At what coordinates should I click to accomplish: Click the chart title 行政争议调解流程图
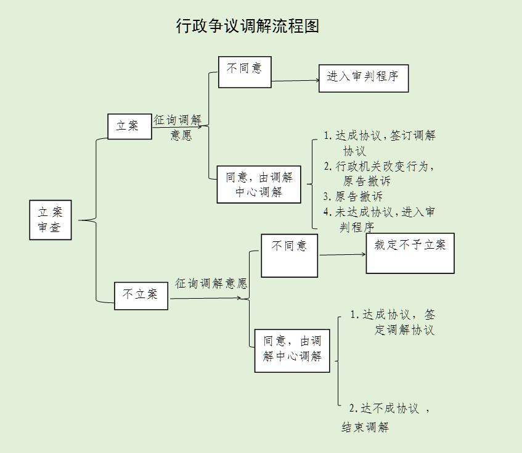click(247, 26)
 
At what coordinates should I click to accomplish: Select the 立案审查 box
click(51, 220)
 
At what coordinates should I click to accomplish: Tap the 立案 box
click(129, 127)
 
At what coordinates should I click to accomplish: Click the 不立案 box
click(141, 296)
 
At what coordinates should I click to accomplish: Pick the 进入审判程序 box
click(364, 78)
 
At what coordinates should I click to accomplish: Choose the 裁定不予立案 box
click(410, 253)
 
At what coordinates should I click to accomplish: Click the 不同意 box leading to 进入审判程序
click(245, 72)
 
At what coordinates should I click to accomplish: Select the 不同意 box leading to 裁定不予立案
click(289, 256)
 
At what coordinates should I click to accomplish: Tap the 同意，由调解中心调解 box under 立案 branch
click(259, 185)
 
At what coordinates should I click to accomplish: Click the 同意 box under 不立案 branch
click(292, 351)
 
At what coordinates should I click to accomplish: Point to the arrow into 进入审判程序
click(295, 81)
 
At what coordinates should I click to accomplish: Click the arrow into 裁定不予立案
click(342, 255)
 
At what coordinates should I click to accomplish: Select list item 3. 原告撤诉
click(353, 196)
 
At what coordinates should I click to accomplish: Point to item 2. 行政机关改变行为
click(379, 173)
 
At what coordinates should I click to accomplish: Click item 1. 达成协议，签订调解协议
click(379, 143)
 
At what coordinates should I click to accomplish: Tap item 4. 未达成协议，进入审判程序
click(379, 219)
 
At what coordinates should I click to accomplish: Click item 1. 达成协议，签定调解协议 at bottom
click(392, 322)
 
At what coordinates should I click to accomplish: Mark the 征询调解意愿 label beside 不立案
click(211, 283)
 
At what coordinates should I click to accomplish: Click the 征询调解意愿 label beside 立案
click(177, 127)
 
